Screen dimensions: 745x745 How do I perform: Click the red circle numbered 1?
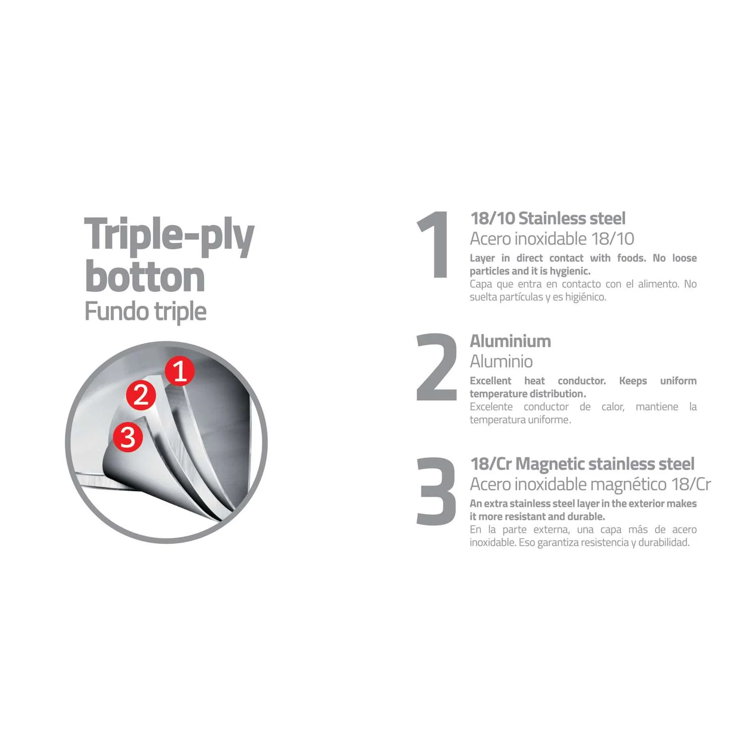click(180, 371)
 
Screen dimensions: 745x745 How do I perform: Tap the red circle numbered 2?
click(141, 395)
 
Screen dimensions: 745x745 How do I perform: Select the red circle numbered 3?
click(128, 437)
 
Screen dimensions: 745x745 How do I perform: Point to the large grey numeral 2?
click(436, 367)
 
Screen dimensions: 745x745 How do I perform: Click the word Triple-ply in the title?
click(169, 236)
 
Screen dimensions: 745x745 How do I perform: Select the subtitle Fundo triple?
click(146, 312)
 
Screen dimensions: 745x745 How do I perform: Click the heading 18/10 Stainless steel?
click(548, 218)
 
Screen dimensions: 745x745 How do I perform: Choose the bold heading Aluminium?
click(511, 341)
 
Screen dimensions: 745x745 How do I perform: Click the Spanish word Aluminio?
click(501, 361)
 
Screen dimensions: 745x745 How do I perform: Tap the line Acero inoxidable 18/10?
click(552, 238)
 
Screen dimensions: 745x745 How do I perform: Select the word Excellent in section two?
click(490, 380)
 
